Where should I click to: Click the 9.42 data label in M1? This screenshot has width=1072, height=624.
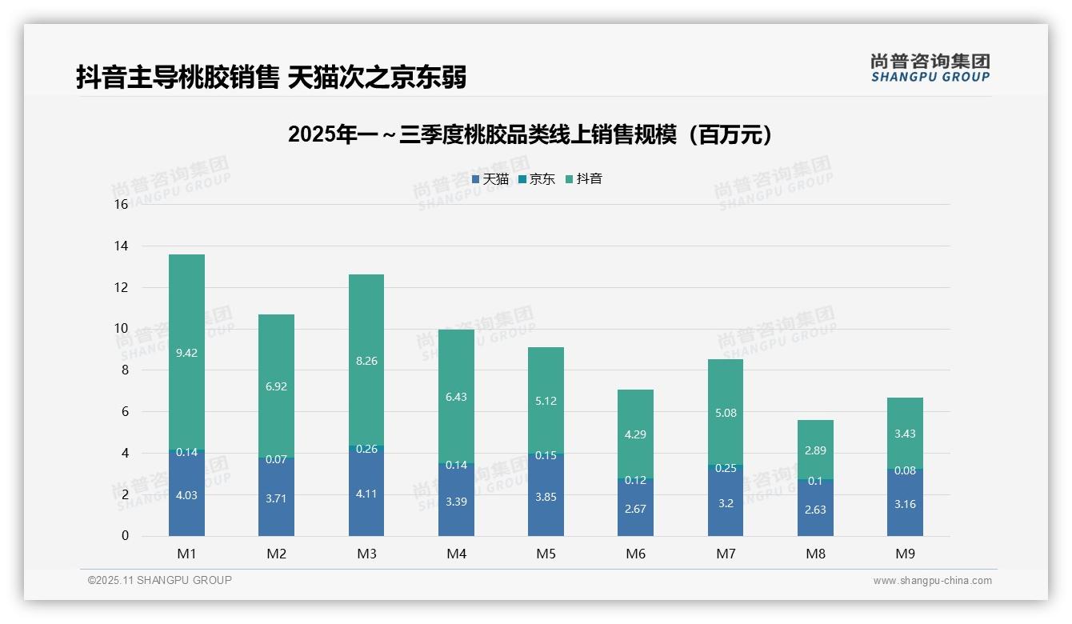pos(186,353)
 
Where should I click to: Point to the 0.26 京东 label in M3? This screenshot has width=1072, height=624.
pos(366,450)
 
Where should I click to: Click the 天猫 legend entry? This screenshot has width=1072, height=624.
pos(490,179)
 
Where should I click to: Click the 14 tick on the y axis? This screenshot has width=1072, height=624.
pos(121,246)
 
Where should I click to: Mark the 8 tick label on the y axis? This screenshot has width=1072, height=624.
pos(124,370)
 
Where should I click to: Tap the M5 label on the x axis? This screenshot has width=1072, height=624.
pos(546,554)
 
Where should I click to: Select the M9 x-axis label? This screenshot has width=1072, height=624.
pos(905,554)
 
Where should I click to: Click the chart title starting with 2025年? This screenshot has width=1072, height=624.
pos(531,134)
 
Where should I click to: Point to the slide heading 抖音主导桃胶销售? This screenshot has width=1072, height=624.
pos(271,77)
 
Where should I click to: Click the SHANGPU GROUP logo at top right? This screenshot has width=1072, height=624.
pos(930,68)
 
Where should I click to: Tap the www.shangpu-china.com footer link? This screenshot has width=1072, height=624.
pos(932,581)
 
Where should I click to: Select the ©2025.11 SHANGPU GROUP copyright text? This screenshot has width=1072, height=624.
pos(160,580)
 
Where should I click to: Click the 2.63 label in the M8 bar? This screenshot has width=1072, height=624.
pos(815,510)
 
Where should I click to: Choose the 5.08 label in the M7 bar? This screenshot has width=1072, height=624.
pos(726,414)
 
